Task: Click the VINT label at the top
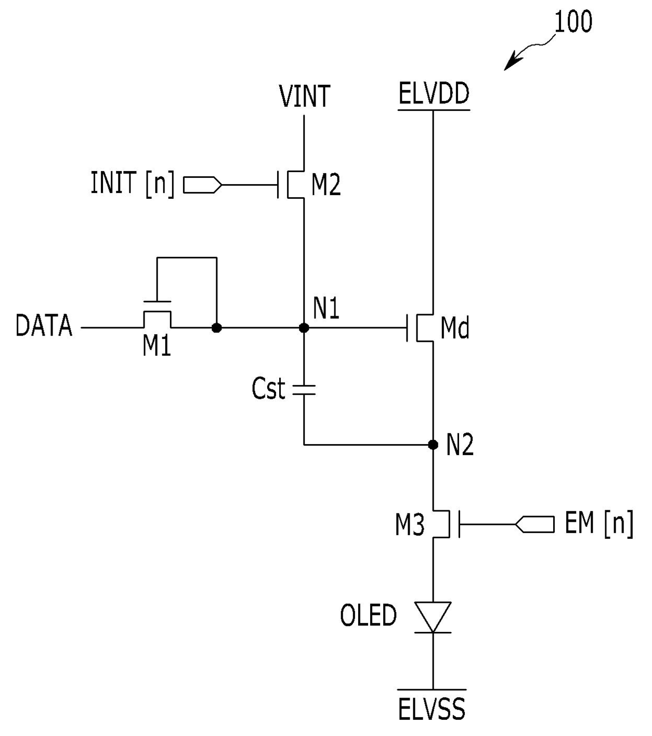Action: coord(304,96)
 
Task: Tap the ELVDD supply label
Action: coord(434,93)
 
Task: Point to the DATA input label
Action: coord(44,325)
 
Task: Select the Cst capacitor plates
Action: coord(304,389)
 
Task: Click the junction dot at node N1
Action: coord(304,328)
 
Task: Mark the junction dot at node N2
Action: coord(433,445)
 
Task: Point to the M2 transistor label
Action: coord(326,185)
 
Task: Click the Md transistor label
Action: coord(455,327)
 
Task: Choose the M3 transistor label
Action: coord(410,525)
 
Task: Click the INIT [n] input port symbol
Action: coord(202,185)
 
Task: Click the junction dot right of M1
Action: coord(216,328)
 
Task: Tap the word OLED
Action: coord(368,614)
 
